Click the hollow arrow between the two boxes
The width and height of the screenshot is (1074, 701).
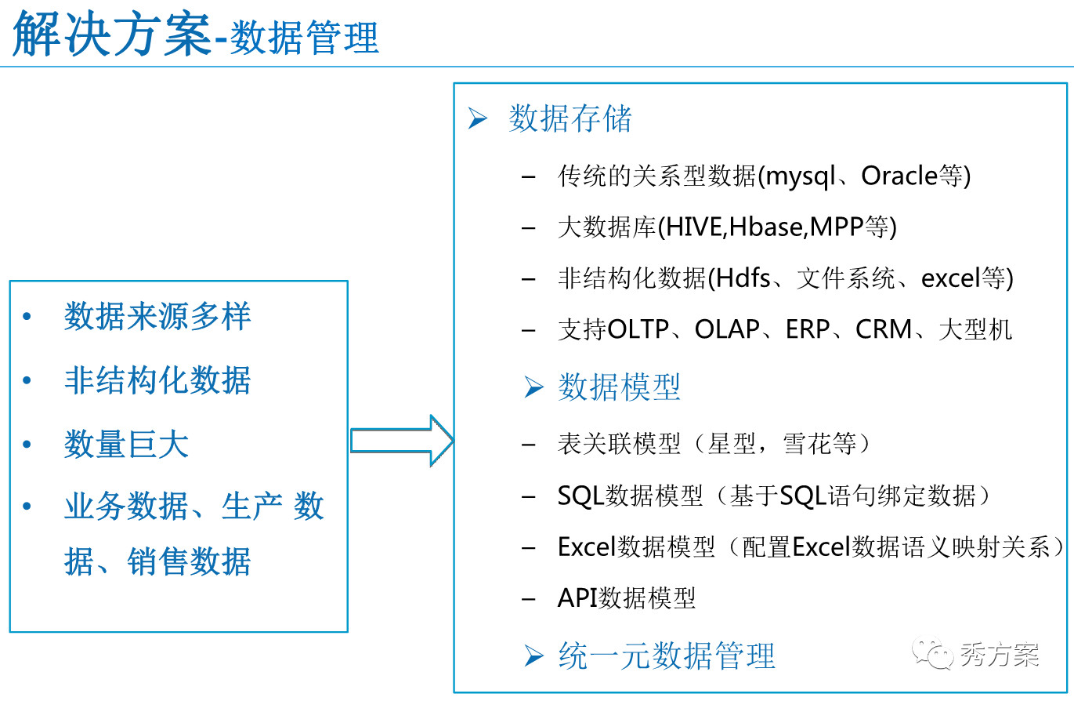tap(402, 441)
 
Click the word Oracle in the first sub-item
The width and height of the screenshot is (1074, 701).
tap(899, 176)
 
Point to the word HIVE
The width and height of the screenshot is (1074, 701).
tap(694, 227)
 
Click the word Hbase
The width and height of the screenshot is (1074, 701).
tap(765, 227)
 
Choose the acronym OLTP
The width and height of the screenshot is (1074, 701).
tap(638, 329)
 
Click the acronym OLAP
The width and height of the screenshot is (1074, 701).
tap(727, 329)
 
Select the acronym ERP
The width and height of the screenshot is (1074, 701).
tap(808, 329)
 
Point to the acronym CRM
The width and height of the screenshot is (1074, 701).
tap(883, 329)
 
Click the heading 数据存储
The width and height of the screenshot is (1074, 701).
tap(570, 118)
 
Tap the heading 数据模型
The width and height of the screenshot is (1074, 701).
tap(620, 387)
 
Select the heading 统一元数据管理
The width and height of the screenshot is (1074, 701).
tap(667, 656)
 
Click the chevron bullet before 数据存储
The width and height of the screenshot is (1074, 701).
tap(478, 118)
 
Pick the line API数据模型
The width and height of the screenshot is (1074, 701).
tap(626, 597)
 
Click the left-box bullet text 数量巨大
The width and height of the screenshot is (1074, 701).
tap(126, 444)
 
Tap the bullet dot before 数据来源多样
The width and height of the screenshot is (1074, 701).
tap(27, 316)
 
